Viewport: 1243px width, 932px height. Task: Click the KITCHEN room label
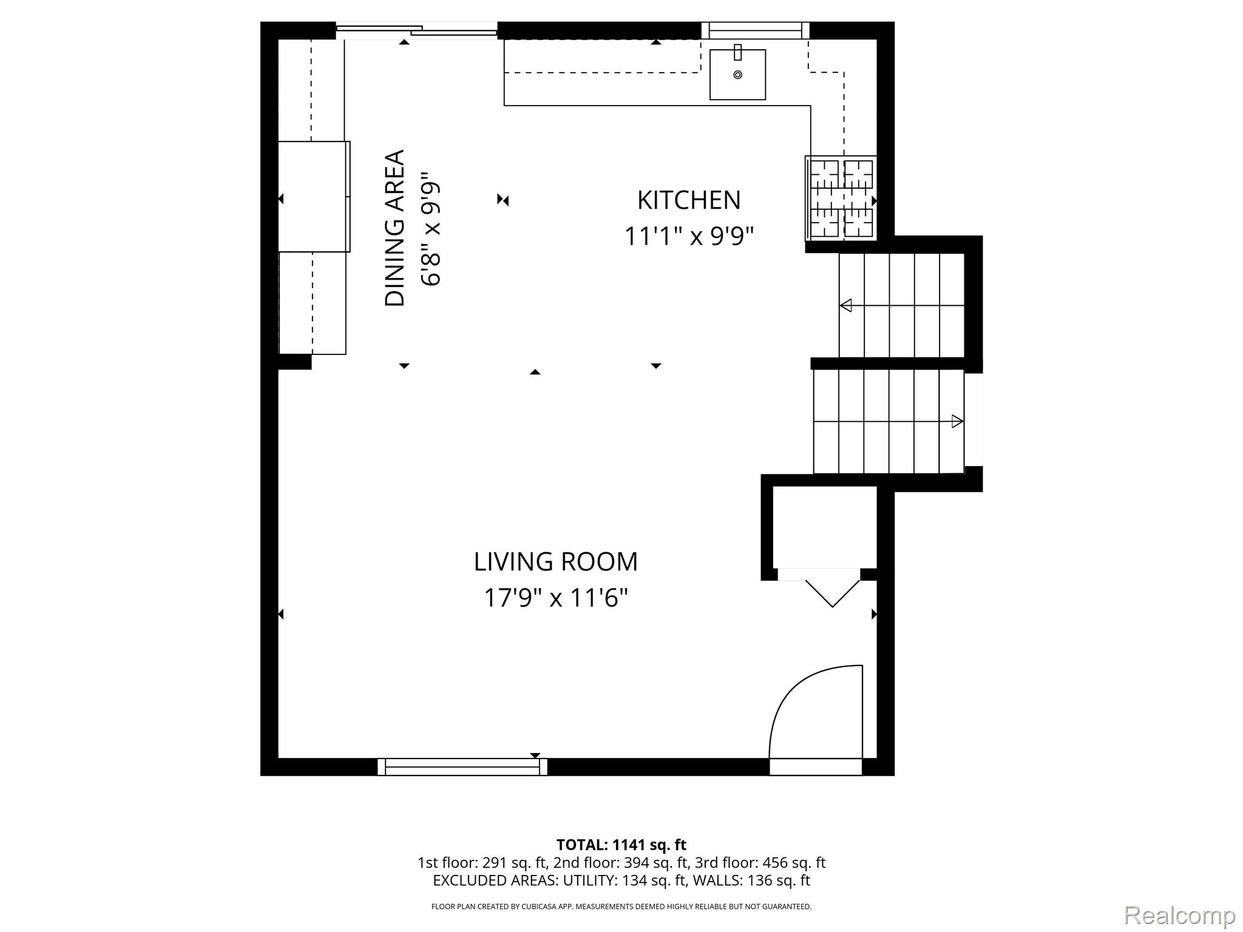689,200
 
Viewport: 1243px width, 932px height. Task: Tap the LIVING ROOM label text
555,562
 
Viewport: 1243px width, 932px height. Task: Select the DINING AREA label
395,228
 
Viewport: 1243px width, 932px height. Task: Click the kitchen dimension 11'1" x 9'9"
689,236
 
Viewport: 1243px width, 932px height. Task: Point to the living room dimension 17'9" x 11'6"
555,598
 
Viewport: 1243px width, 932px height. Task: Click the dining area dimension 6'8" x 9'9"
430,228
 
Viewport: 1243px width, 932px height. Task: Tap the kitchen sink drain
737,75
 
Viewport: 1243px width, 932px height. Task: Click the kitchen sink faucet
737,52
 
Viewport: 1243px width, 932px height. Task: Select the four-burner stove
842,198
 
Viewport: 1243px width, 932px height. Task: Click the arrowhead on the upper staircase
845,305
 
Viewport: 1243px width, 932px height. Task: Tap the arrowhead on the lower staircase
957,421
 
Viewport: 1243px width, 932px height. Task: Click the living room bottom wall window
462,767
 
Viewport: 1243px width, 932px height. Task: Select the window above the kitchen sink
755,30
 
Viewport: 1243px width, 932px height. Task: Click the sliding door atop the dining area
417,30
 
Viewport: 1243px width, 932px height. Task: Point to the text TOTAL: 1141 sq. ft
621,845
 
